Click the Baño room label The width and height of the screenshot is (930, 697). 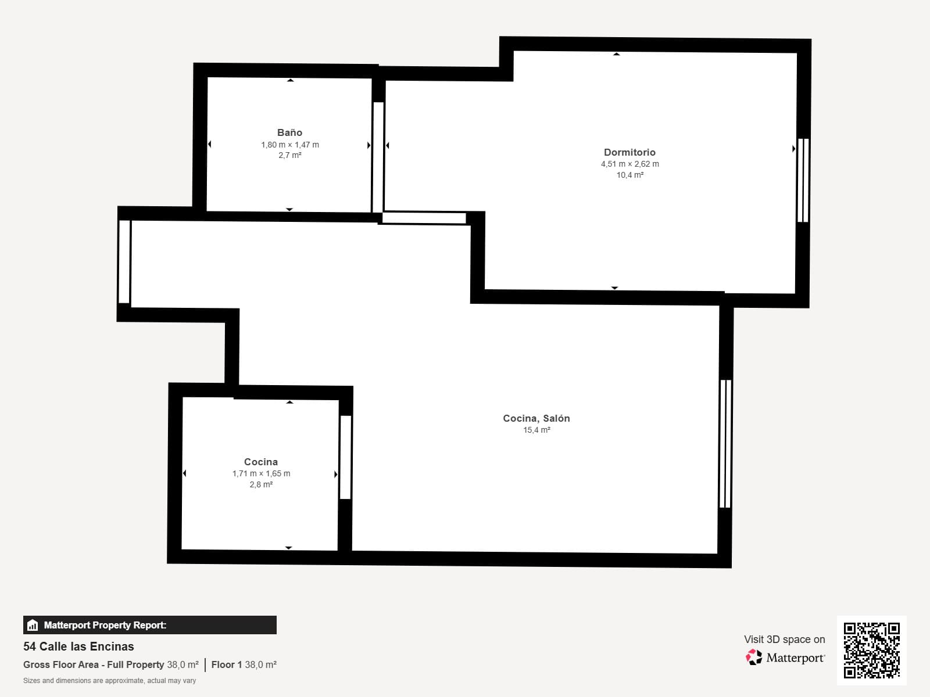[290, 132]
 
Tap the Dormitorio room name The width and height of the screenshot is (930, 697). [629, 152]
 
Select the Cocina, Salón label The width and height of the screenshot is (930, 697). [536, 418]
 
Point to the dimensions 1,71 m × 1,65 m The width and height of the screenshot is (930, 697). [261, 473]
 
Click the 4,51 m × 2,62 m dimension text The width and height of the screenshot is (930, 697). [629, 164]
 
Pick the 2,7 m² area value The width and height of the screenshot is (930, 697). [290, 155]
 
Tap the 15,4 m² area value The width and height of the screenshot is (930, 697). [536, 430]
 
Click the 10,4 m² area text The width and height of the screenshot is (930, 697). [629, 175]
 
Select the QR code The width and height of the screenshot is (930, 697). [871, 651]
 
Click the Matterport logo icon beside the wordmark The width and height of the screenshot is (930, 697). [754, 658]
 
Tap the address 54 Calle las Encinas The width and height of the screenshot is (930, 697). [78, 646]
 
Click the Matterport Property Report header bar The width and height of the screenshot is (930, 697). [149, 624]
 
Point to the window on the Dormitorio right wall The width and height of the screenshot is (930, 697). [803, 180]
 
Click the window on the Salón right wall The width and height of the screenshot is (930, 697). [725, 444]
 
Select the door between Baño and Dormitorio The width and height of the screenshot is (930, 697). [378, 157]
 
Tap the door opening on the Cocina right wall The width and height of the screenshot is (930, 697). [346, 457]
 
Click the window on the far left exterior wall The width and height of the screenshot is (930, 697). [124, 261]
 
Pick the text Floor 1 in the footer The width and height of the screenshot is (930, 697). [227, 664]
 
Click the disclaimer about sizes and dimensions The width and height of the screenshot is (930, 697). [109, 681]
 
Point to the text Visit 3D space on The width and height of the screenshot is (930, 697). [784, 639]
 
